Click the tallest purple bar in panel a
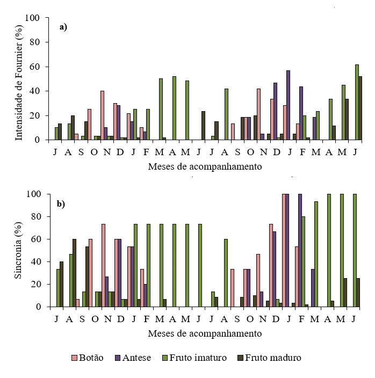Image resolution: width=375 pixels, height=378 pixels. click(x=288, y=105)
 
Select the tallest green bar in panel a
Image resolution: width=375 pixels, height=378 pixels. click(x=357, y=102)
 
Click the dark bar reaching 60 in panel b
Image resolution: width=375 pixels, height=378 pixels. click(x=74, y=273)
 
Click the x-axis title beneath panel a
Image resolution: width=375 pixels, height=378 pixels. click(x=205, y=166)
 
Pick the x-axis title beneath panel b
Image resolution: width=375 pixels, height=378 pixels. click(x=205, y=333)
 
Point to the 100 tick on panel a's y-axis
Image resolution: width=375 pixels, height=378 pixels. click(x=33, y=18)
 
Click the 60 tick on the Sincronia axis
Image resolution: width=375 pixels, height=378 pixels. click(x=35, y=239)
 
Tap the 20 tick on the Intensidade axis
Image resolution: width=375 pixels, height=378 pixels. click(x=35, y=116)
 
